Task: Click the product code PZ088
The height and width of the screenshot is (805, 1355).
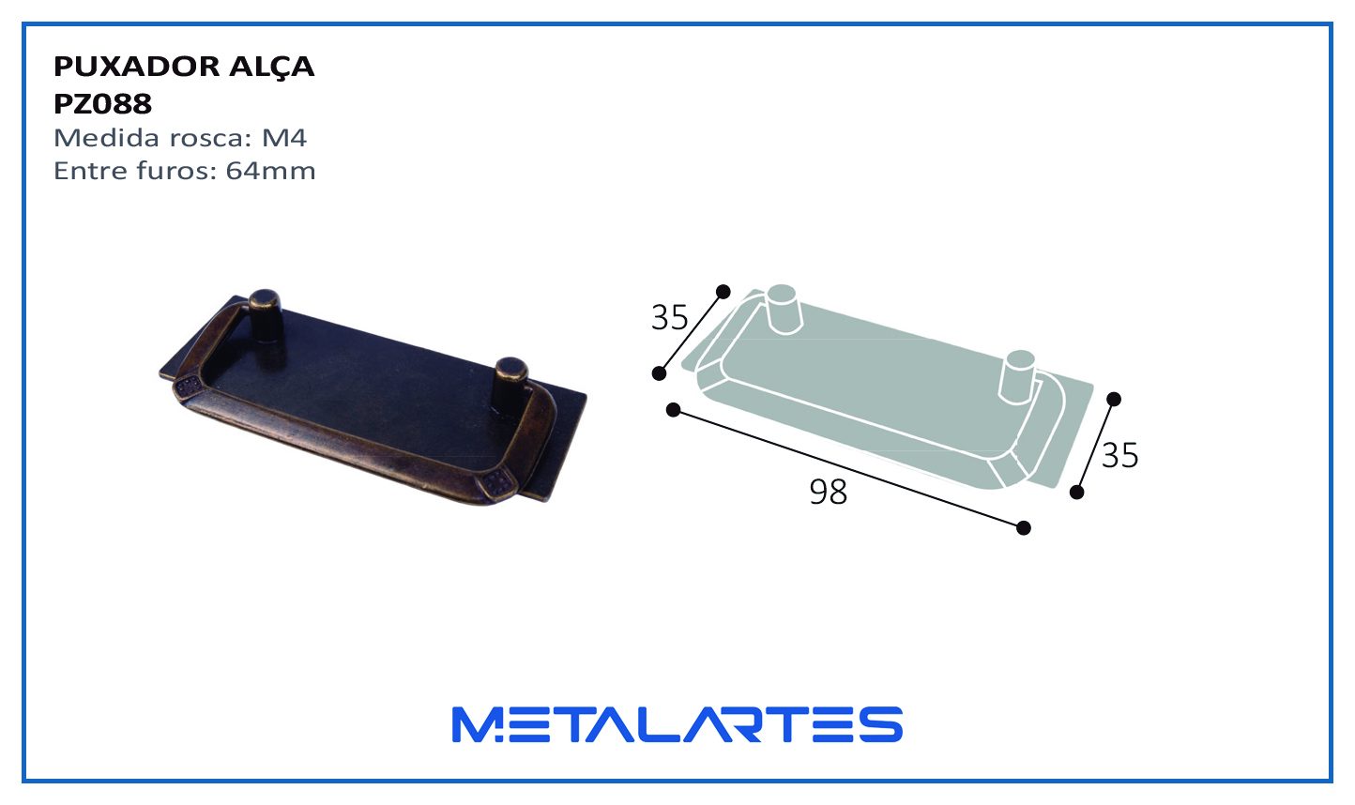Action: click(103, 103)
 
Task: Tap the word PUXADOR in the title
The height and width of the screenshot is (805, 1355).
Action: click(137, 66)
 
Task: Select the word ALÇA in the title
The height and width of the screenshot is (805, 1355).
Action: click(271, 66)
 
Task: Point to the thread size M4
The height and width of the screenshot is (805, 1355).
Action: click(284, 138)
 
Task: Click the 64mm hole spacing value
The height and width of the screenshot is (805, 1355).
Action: click(270, 171)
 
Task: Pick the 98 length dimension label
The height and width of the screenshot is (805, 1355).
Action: click(829, 492)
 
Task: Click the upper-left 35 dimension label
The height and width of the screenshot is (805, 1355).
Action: click(670, 317)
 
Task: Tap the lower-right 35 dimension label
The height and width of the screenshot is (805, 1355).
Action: click(1119, 455)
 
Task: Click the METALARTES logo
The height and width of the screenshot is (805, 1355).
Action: click(677, 724)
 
